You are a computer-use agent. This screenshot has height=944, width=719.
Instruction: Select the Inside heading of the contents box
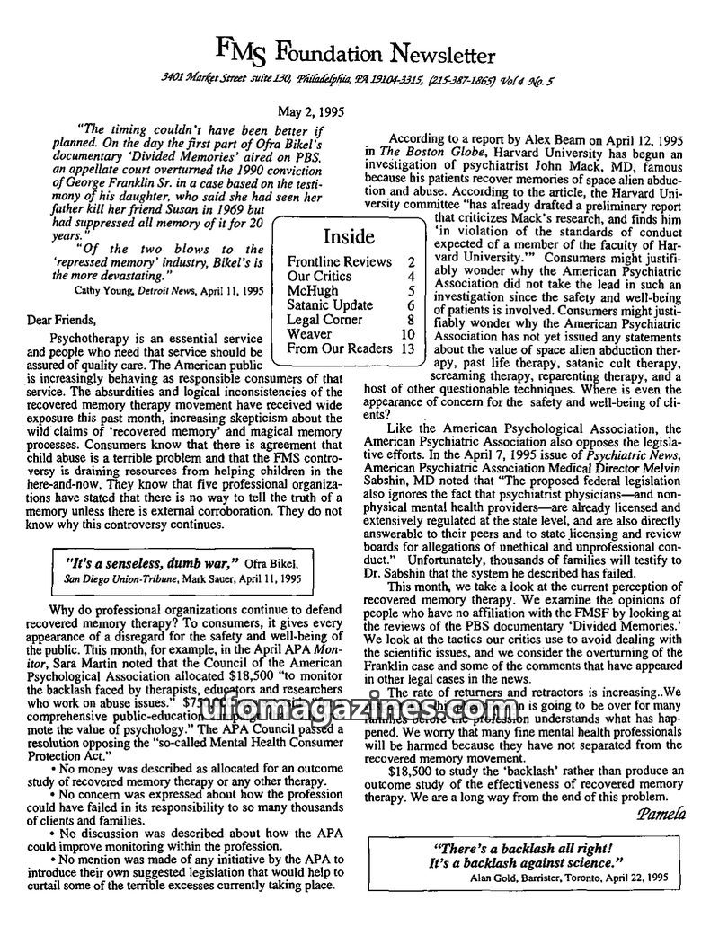pos(346,236)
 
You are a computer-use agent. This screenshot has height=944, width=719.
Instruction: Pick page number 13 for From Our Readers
pos(408,348)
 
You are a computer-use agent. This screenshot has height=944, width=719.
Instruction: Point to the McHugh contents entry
pos(313,291)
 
